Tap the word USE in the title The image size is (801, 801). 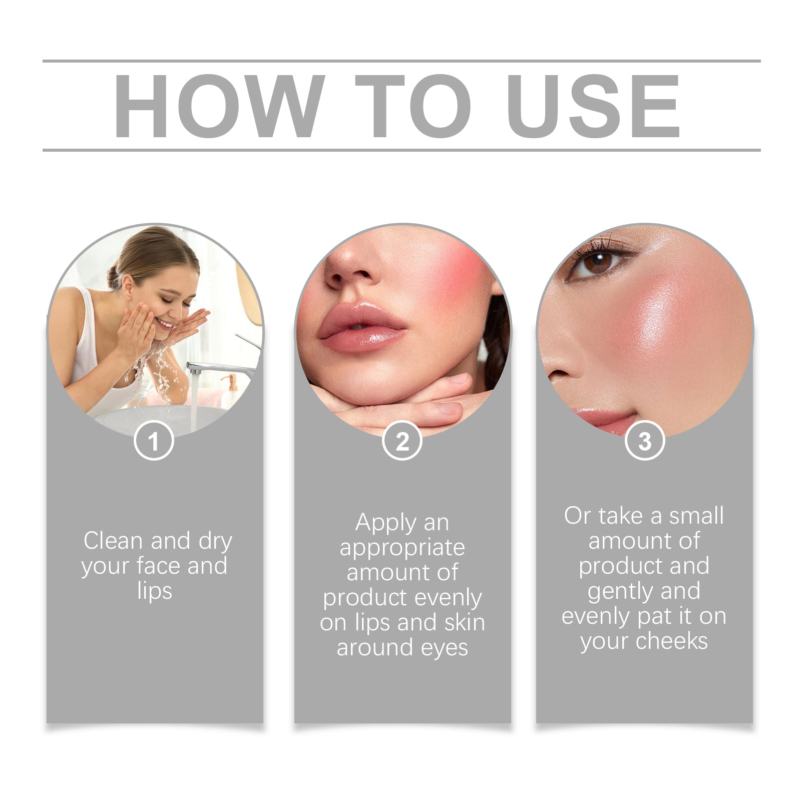[593, 106]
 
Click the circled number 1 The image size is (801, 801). [154, 441]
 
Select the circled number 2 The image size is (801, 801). [402, 441]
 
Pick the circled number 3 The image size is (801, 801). [645, 441]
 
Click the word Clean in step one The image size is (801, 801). [113, 541]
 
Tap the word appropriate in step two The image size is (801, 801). [402, 547]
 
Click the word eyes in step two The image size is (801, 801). [444, 648]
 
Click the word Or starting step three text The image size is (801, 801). [577, 516]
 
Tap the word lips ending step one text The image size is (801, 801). [154, 591]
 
